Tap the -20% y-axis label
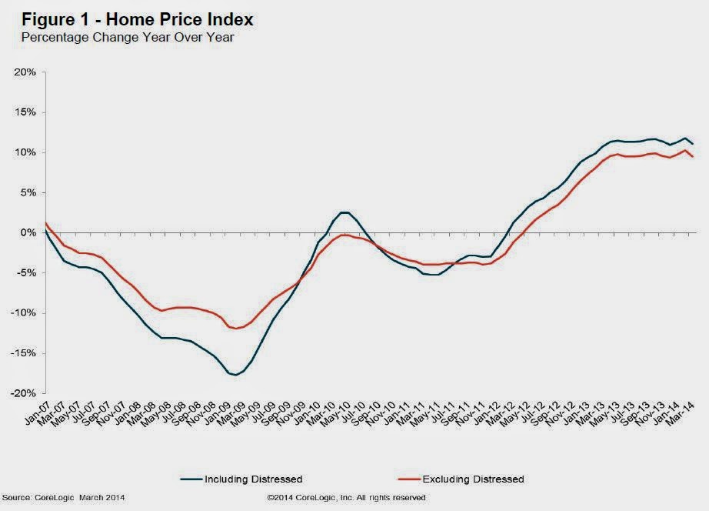[x=25, y=393]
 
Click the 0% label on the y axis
[x=29, y=232]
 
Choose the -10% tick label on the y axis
[x=25, y=313]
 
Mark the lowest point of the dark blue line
[x=235, y=375]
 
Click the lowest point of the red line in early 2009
[x=235, y=329]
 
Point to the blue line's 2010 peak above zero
[x=344, y=212]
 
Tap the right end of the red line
[x=694, y=157]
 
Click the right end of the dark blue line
[x=694, y=143]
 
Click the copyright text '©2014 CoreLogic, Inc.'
[x=346, y=498]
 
